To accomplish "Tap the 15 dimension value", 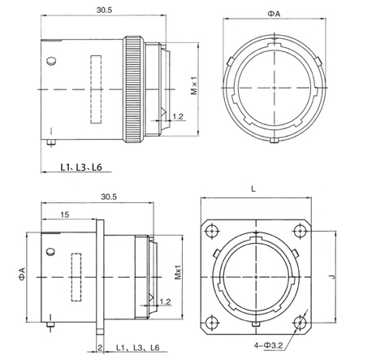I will pos(64,215).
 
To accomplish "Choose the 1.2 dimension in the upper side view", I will pos(176,119).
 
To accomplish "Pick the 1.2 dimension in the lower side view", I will pos(165,302).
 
